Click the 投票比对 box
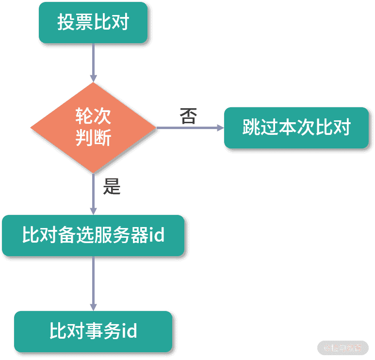pyautogui.click(x=93, y=22)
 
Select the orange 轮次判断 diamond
pyautogui.click(x=93, y=128)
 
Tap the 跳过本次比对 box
pyautogui.click(x=296, y=128)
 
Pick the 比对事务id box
pyautogui.click(x=93, y=331)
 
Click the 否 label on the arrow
pyautogui.click(x=189, y=116)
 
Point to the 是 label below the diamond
pyautogui.click(x=112, y=186)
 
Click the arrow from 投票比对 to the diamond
pyautogui.click(x=93, y=63)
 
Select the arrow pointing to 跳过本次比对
pyautogui.click(x=189, y=128)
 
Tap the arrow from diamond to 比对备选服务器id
pyautogui.click(x=93, y=194)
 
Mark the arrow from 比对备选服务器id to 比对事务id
pyautogui.click(x=93, y=284)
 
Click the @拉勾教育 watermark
pyautogui.click(x=343, y=348)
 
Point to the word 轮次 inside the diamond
pyautogui.click(x=93, y=116)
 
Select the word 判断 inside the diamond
pyautogui.click(x=93, y=139)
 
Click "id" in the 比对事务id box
pyautogui.click(x=128, y=331)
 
